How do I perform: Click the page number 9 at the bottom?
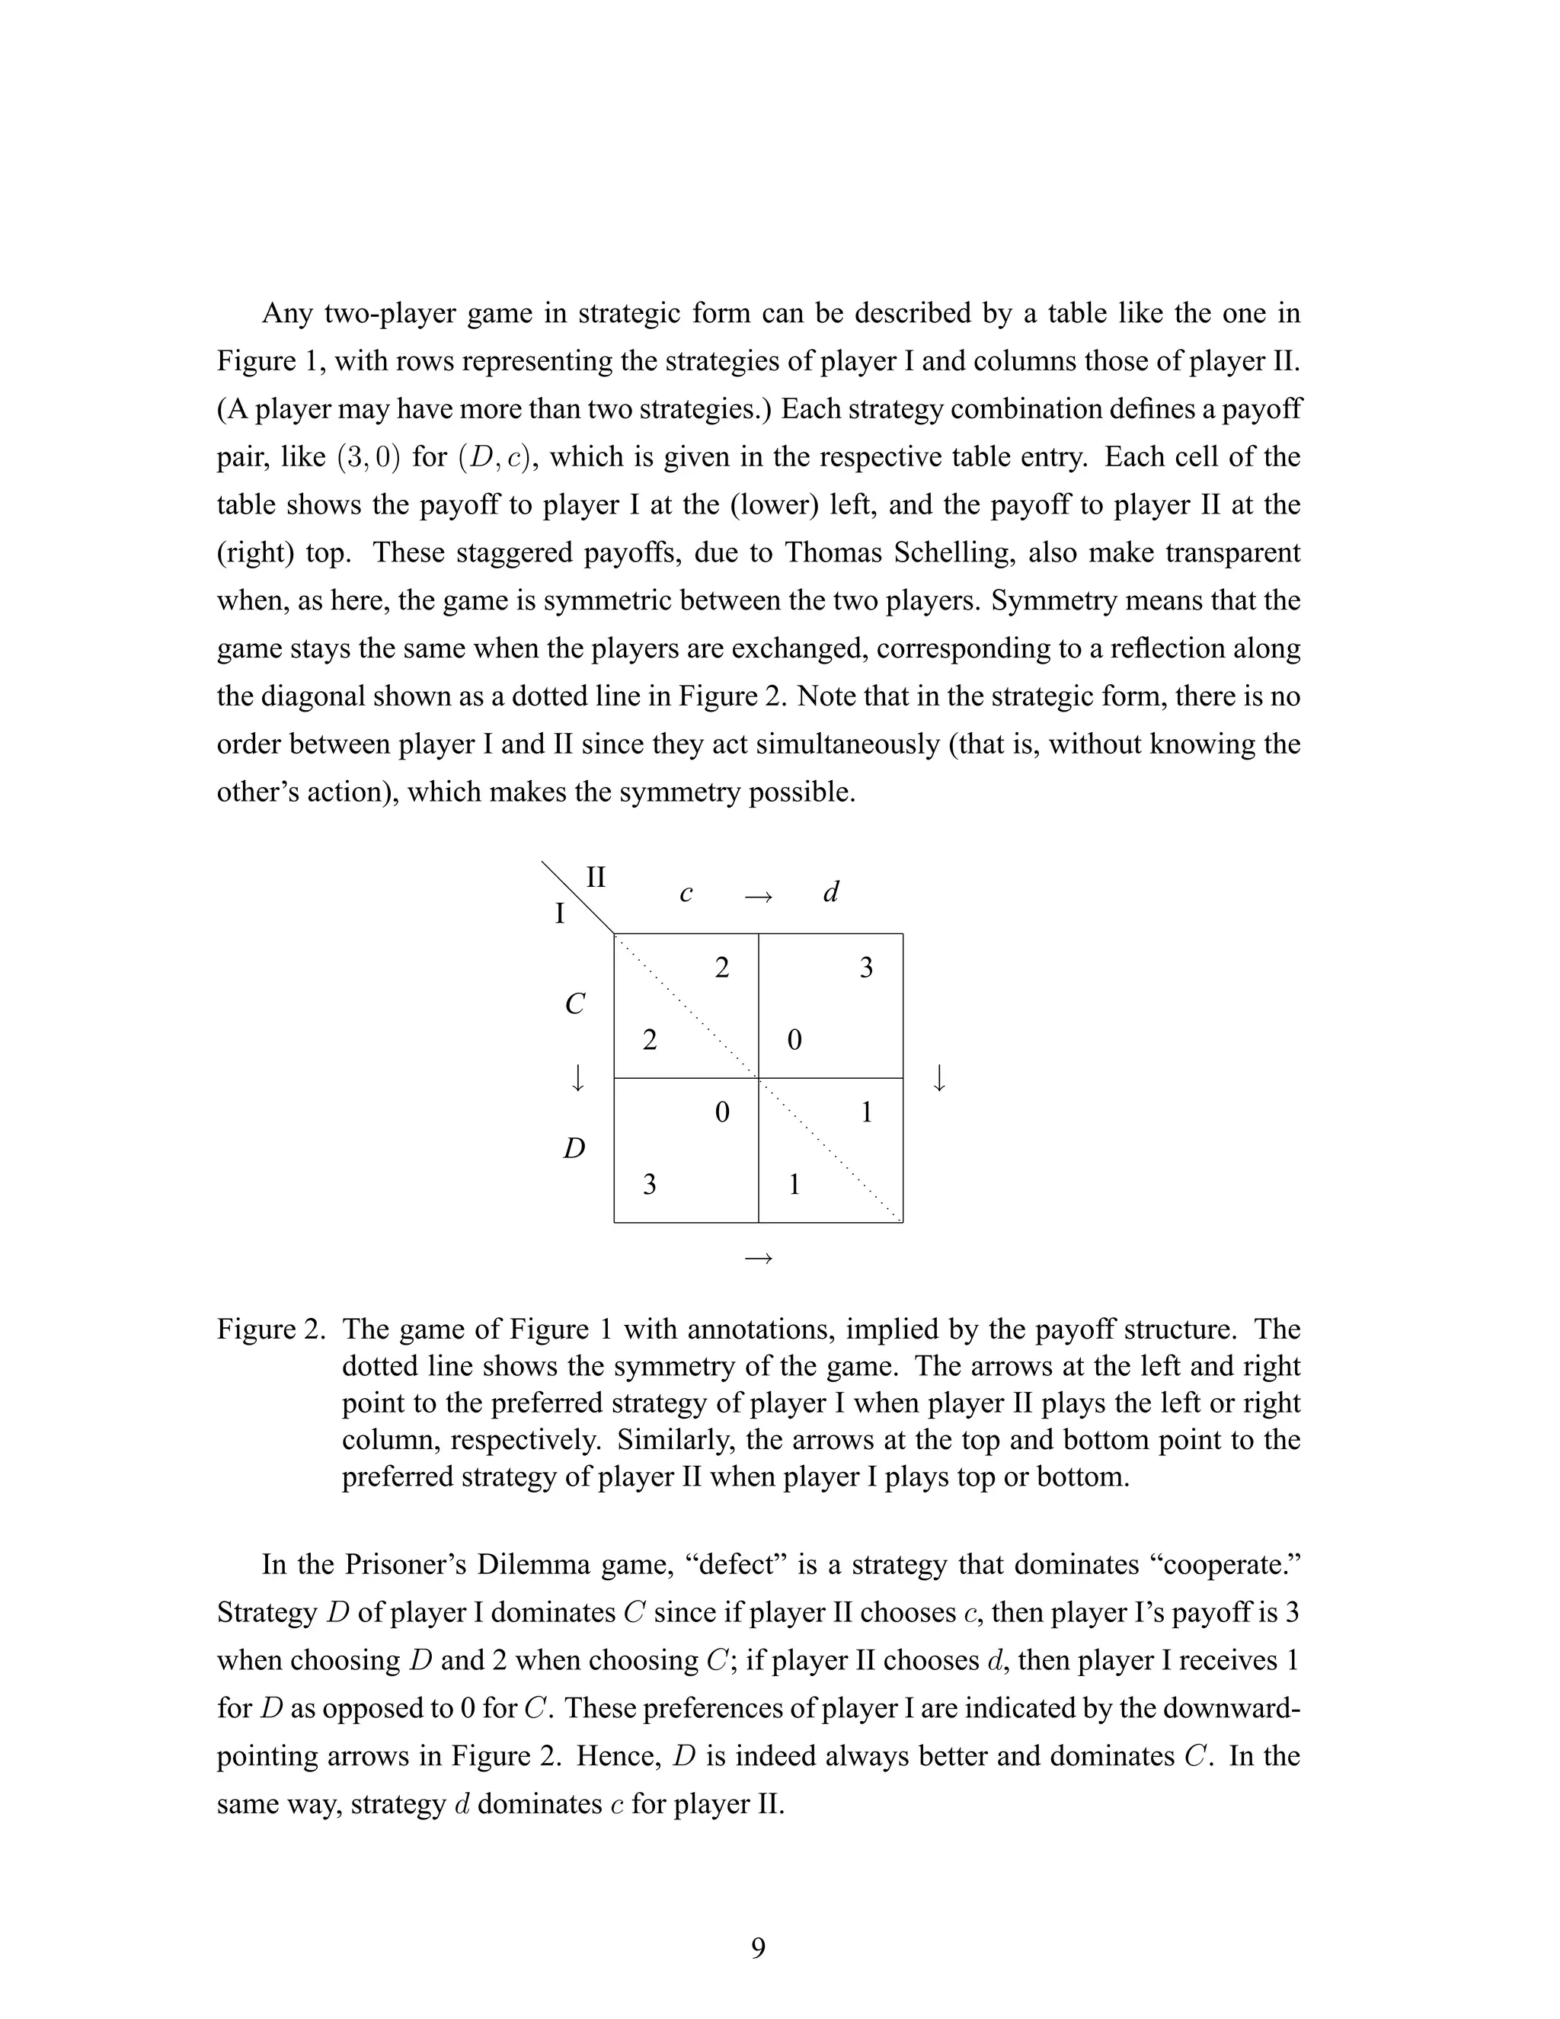coord(758,1948)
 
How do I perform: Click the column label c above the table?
coord(686,894)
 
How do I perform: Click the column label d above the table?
coord(831,892)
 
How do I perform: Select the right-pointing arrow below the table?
coord(758,1257)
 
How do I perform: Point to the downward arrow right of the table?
coord(939,1078)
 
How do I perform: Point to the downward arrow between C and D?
coord(577,1078)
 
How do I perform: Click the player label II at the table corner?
coord(596,876)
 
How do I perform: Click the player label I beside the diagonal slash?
coord(559,914)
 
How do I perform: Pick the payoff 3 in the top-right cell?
coord(866,968)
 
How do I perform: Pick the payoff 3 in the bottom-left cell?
coord(650,1184)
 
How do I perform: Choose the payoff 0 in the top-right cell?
coord(794,1041)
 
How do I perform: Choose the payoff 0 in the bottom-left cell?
coord(722,1112)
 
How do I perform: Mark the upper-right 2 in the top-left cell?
coord(722,968)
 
